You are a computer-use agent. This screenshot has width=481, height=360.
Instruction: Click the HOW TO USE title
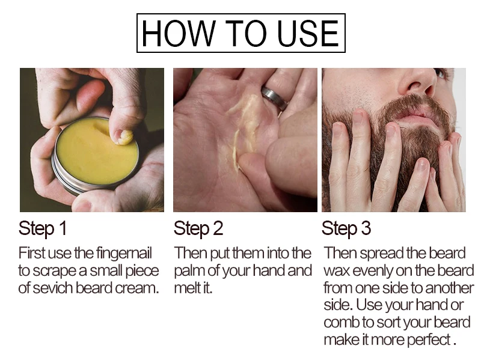tap(240, 33)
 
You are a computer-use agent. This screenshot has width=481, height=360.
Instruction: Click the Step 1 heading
tap(42, 229)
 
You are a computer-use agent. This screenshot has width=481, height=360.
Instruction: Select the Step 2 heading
tap(198, 229)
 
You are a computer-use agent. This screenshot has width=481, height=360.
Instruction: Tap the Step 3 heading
tap(346, 229)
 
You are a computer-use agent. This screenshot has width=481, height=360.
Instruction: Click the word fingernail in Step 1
tap(124, 254)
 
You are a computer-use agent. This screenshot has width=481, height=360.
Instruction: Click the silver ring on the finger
tap(274, 98)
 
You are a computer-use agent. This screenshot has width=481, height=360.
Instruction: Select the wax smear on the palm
tap(242, 129)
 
